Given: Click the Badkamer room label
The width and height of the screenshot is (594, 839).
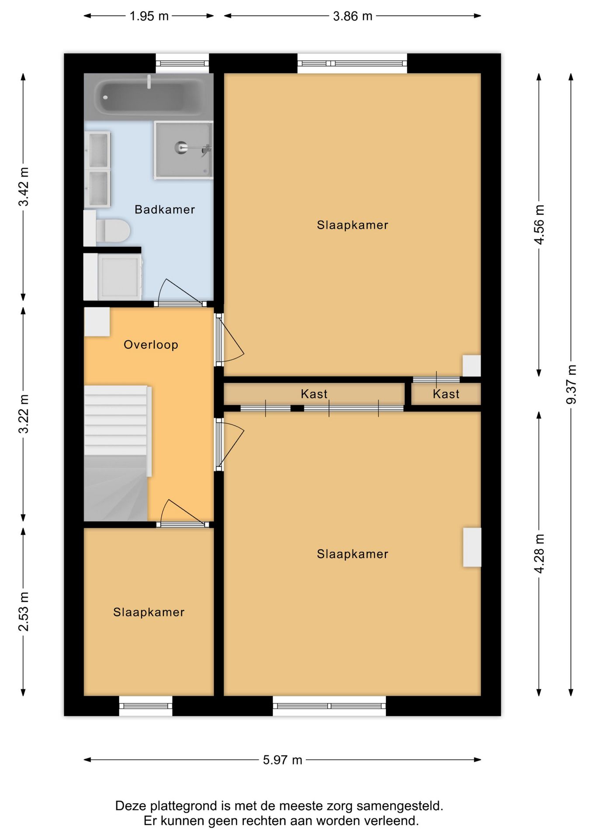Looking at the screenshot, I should [x=164, y=210].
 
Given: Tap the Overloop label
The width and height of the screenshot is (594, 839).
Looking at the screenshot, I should [x=151, y=345].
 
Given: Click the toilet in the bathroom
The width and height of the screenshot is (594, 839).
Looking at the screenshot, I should [x=112, y=230].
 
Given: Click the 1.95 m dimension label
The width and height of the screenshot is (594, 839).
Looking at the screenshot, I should [x=149, y=16].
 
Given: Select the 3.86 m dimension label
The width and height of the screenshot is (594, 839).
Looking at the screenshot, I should [x=353, y=16].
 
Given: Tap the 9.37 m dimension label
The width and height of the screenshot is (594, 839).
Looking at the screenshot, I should [x=571, y=384].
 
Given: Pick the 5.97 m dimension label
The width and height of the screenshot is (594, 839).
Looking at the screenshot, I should [x=283, y=760].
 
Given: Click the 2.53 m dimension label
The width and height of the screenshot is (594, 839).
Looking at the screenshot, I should [x=24, y=611].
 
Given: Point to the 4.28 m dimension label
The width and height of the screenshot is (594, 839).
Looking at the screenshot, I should [x=539, y=553].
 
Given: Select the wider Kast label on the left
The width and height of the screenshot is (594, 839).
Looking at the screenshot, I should [x=314, y=394].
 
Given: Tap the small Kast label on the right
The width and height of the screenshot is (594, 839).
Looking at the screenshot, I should [x=446, y=394].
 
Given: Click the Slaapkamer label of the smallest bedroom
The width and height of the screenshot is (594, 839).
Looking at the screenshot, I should [x=149, y=612].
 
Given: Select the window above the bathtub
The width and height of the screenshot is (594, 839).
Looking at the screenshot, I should [x=182, y=63].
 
